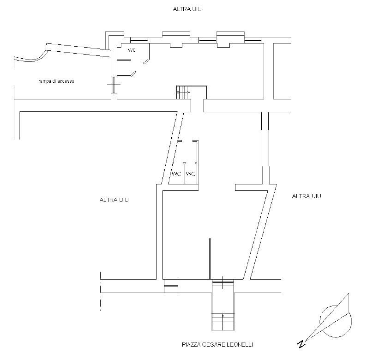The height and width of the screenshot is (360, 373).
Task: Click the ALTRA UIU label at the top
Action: point(187,9)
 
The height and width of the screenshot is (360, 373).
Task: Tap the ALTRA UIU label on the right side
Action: point(307,196)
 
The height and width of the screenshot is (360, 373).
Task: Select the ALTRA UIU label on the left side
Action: point(114,200)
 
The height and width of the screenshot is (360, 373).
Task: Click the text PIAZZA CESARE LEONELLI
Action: point(217,345)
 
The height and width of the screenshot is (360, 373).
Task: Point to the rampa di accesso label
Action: point(56,81)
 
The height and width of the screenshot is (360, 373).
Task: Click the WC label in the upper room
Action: point(132,50)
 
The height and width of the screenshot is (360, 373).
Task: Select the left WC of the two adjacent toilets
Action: point(176,174)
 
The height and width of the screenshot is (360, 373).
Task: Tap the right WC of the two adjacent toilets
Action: point(191,174)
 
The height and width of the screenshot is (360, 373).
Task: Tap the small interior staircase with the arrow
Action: point(183,92)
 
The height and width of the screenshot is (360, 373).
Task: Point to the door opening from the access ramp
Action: point(114,85)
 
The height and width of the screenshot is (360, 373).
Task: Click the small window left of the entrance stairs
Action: point(171,286)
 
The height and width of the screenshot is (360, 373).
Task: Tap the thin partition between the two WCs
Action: point(184,173)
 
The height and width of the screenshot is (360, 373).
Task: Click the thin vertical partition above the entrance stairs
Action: point(210,259)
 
